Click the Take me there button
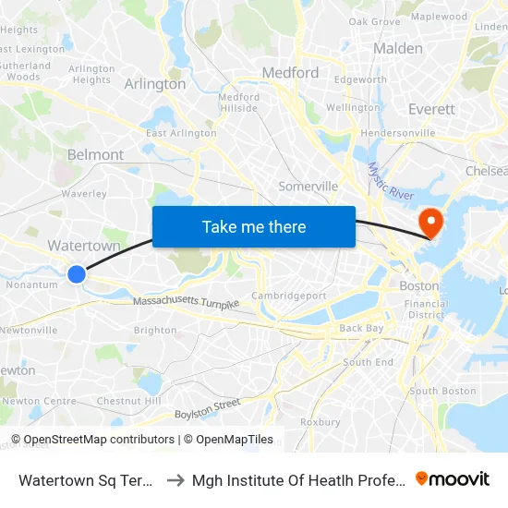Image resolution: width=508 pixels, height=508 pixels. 254,226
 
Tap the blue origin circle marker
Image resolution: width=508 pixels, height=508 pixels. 77,273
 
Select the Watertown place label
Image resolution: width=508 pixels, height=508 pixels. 84,247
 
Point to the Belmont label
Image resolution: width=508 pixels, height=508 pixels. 95,155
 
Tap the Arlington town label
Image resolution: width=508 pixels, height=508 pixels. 155,84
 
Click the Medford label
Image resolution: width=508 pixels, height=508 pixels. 290,73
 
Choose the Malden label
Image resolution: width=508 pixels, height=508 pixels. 398,48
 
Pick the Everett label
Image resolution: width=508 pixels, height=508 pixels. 432,109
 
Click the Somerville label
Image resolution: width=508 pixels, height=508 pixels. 308,187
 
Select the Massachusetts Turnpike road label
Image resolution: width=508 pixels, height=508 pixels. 186,303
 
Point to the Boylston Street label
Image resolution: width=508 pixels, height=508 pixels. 207,406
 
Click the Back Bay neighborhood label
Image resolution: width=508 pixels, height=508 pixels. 360,328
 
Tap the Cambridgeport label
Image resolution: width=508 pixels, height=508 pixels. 290,296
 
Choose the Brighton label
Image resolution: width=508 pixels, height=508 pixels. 155,330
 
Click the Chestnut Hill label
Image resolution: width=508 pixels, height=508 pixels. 128,401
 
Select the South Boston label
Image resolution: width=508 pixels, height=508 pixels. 442,391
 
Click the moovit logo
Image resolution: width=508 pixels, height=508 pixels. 453,478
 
